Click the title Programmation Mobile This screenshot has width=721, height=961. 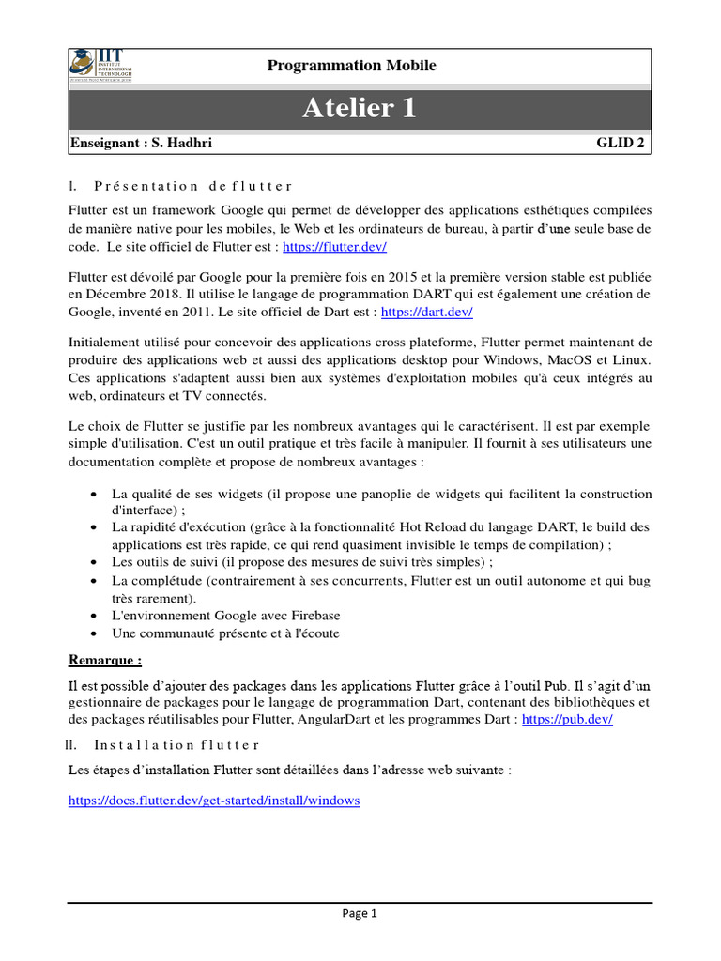(351, 65)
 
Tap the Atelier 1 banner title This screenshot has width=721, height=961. (359, 109)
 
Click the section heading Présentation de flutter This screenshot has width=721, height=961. (193, 186)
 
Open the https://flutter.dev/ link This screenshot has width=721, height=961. (334, 246)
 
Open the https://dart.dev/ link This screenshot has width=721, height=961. (425, 312)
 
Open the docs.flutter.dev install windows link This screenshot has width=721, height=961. (214, 801)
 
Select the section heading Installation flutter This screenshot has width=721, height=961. (176, 745)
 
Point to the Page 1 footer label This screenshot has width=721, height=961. (360, 914)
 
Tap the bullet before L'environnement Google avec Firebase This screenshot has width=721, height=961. (94, 617)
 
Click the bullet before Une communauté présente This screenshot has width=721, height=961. (94, 634)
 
